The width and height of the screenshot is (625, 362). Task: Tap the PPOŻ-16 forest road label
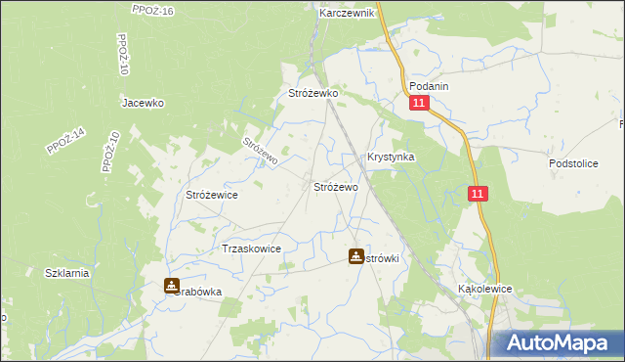(x=152, y=10)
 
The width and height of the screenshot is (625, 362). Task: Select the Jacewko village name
(x=142, y=102)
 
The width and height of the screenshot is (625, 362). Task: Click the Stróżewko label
(x=312, y=93)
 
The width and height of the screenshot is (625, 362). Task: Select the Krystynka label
(x=391, y=157)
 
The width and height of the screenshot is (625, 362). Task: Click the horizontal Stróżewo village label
(x=335, y=186)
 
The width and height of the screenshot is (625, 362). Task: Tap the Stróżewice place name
(x=212, y=195)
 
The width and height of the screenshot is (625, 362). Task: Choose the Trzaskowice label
(x=252, y=249)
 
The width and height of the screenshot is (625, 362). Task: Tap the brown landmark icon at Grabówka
(x=172, y=287)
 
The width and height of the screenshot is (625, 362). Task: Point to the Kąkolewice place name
(x=485, y=290)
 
